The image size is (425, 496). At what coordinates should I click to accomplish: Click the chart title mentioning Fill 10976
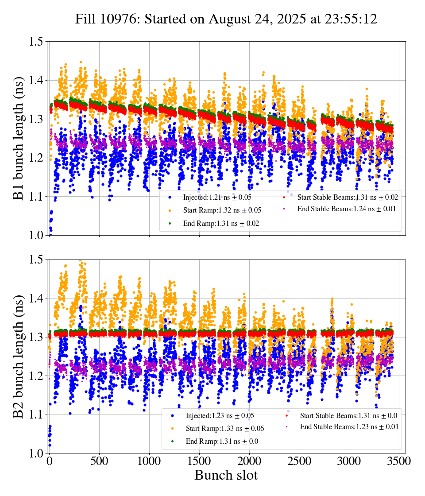tap(226, 19)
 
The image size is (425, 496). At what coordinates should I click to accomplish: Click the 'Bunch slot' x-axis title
tap(226, 476)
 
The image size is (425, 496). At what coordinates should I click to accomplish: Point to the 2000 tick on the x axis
tap(249, 461)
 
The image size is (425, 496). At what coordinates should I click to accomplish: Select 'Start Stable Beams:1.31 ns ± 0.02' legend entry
tap(347, 198)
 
